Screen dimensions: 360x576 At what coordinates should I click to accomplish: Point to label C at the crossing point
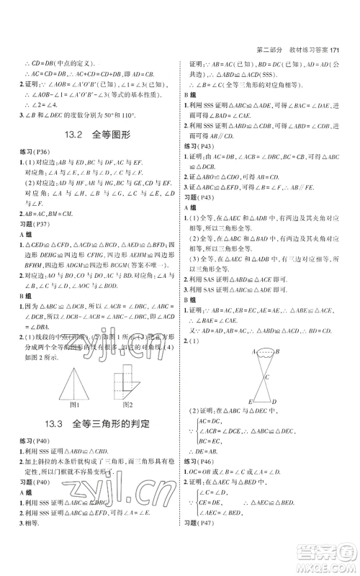[268, 377]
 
